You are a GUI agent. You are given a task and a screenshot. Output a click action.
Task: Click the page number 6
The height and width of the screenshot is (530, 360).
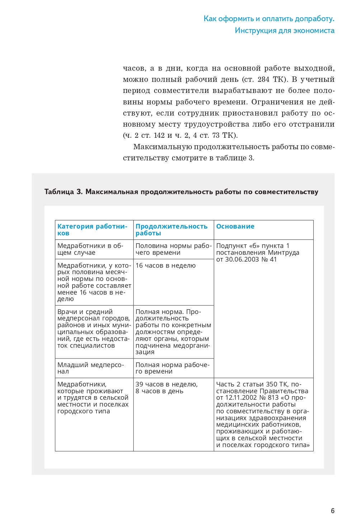[x=333, y=511]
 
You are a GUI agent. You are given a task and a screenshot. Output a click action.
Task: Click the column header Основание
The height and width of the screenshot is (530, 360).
[x=235, y=226]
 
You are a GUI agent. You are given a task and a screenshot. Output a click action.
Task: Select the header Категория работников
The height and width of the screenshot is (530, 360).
[x=92, y=230]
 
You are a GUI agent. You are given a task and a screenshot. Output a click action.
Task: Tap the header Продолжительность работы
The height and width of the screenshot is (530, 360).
[x=171, y=230]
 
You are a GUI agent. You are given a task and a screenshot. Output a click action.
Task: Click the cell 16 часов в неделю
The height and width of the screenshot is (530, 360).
[x=166, y=266]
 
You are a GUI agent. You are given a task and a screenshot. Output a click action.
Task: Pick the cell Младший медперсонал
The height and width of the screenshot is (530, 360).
[x=90, y=368]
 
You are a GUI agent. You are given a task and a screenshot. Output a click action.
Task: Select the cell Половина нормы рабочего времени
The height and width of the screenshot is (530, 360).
[x=174, y=249]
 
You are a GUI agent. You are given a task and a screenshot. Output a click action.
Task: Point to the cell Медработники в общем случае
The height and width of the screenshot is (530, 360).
[x=90, y=249]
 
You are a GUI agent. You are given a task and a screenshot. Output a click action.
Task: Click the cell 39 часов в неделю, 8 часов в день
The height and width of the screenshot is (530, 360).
[x=166, y=388]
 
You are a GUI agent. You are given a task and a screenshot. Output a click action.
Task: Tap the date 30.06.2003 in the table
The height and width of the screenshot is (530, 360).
[x=242, y=259]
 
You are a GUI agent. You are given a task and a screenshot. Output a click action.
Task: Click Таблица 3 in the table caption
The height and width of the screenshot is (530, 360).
[x=63, y=192]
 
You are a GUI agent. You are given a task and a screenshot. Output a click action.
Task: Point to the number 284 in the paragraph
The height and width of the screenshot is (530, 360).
[x=263, y=79]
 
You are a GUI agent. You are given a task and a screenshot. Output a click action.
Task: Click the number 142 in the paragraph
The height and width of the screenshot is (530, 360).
[x=159, y=135]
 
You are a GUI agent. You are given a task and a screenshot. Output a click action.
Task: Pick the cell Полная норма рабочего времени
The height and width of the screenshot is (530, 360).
[x=172, y=368]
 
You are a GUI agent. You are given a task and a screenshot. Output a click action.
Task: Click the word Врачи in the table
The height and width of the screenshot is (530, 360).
[x=67, y=312]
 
